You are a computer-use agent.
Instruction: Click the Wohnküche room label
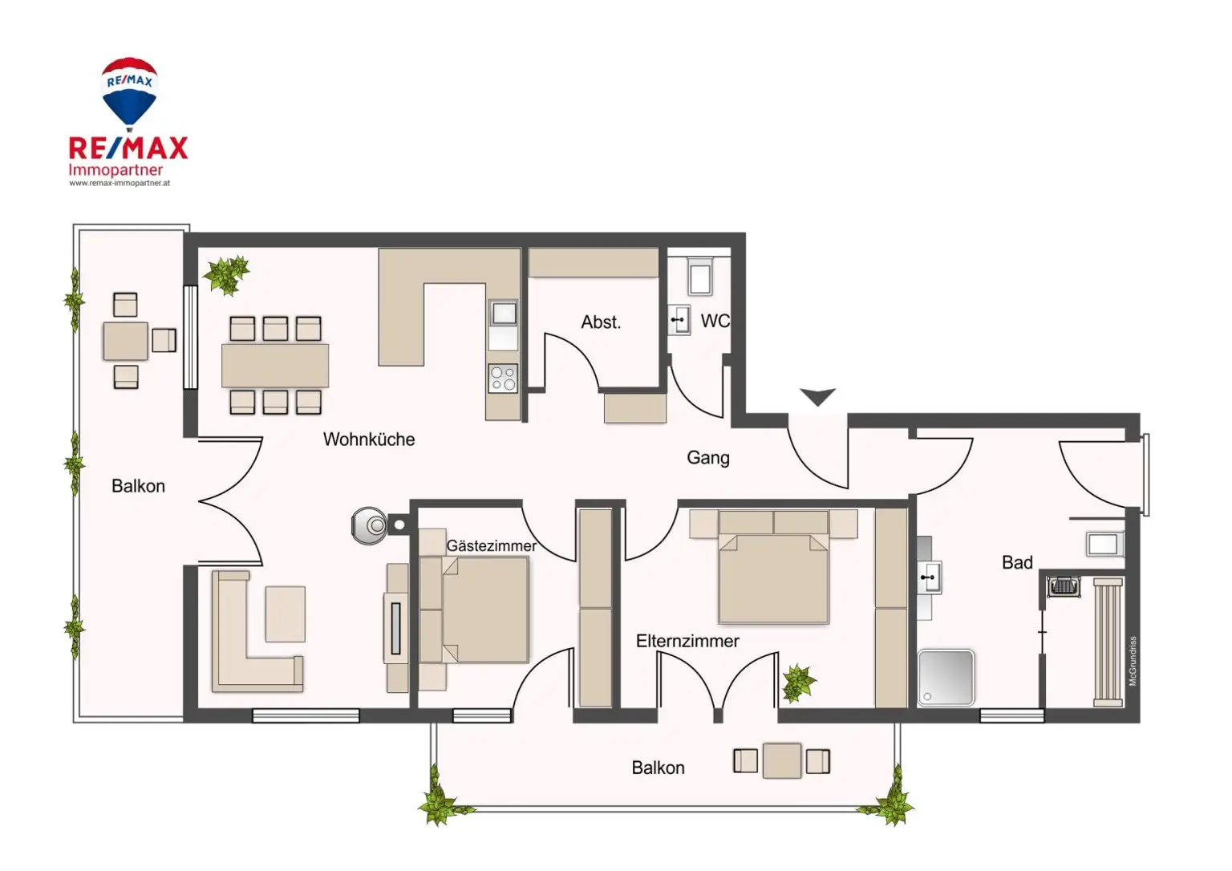pos(369,440)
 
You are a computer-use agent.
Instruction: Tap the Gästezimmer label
pos(491,546)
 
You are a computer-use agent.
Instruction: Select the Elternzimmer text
pos(687,641)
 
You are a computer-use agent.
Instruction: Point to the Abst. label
pos(601,322)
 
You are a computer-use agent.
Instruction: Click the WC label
pos(715,322)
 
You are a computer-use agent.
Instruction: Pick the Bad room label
pos(1017,563)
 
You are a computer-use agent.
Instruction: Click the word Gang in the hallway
pos(708,458)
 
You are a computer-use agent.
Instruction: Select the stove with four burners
pos(503,379)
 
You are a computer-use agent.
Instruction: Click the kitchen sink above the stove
pos(504,313)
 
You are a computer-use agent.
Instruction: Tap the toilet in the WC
pos(700,277)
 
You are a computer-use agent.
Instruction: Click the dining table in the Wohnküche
pos(275,366)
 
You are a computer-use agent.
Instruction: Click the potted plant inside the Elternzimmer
pos(798,683)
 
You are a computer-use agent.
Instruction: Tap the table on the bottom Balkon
pos(781,760)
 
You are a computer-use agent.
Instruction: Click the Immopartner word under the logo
pos(115,170)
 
